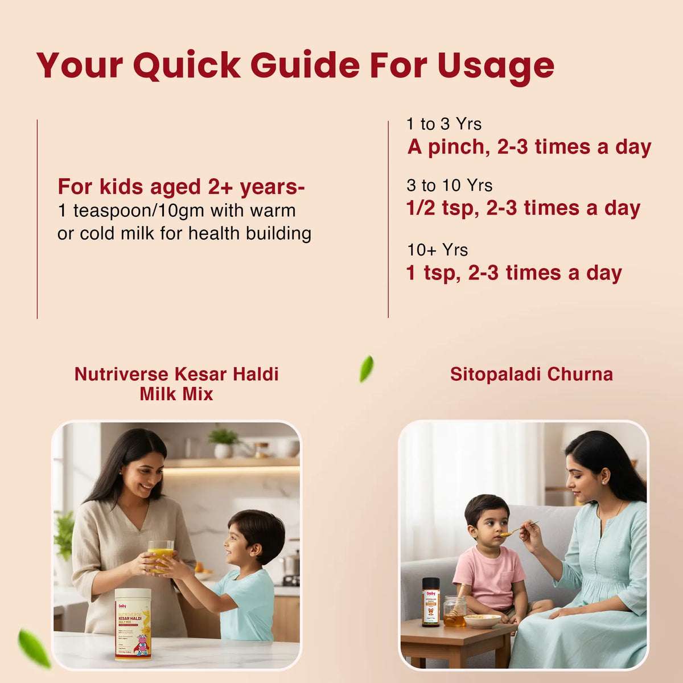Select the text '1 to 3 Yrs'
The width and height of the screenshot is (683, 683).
443,124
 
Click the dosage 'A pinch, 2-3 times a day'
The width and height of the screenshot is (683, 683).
529,147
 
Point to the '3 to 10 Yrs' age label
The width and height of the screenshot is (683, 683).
449,186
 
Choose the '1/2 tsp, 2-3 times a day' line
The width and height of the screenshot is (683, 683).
523,208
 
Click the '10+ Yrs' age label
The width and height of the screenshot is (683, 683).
437,250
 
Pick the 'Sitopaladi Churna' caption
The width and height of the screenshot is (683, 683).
531,374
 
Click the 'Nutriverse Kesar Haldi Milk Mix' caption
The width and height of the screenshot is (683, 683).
176,384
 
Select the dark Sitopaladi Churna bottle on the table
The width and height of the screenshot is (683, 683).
430,602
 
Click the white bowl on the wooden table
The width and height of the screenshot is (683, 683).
482,620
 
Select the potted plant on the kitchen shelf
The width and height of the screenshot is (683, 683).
223,442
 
